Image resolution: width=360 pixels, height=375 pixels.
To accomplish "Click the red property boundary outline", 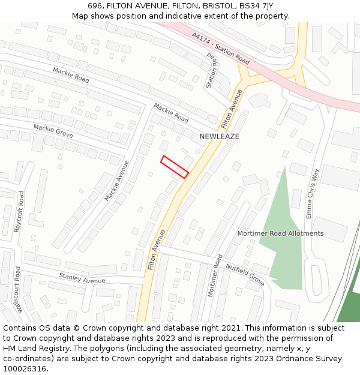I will (x=175, y=167).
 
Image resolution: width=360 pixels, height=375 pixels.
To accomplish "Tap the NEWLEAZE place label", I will (x=219, y=137).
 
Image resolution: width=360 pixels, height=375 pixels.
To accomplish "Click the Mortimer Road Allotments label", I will (x=280, y=233).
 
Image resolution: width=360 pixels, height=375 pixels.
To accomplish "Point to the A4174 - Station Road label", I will (x=221, y=49).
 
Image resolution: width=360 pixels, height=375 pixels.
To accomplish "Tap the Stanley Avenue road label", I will (x=82, y=277).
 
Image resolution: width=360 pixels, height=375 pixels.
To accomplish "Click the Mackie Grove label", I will (x=53, y=131).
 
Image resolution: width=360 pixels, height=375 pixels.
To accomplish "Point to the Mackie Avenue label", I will (x=116, y=180).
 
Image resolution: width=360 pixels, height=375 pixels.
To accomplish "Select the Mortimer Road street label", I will (x=214, y=275).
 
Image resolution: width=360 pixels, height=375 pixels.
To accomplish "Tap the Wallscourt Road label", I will (x=19, y=291).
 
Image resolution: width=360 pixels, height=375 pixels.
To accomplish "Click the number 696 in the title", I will (x=95, y=6).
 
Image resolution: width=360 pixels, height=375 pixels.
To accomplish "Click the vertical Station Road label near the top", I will (x=211, y=70).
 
